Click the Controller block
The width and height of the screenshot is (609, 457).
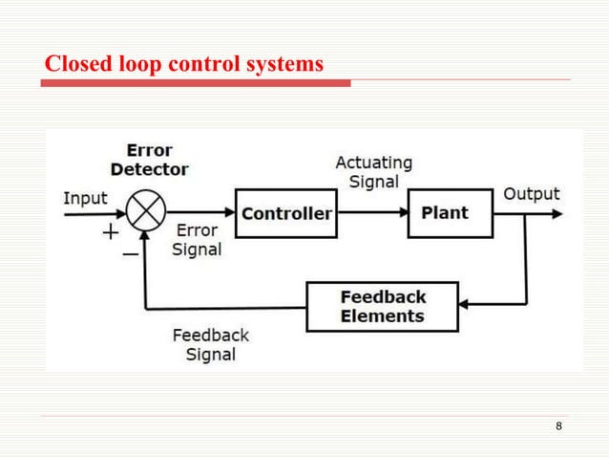(286, 213)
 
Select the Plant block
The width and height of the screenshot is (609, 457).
(451, 213)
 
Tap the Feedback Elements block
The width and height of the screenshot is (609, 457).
(382, 306)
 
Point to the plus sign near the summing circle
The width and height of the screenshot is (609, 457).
(111, 231)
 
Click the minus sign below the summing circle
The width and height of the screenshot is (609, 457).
(129, 254)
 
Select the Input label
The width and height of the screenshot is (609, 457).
(86, 198)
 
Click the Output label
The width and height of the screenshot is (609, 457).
(531, 194)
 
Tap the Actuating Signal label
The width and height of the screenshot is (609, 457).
(373, 172)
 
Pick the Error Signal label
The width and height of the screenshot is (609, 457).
(196, 239)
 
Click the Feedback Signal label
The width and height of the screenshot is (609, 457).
(210, 344)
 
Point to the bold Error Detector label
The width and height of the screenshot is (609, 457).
(149, 160)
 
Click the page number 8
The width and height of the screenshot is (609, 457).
(558, 426)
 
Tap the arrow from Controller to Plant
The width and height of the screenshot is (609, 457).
(372, 213)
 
